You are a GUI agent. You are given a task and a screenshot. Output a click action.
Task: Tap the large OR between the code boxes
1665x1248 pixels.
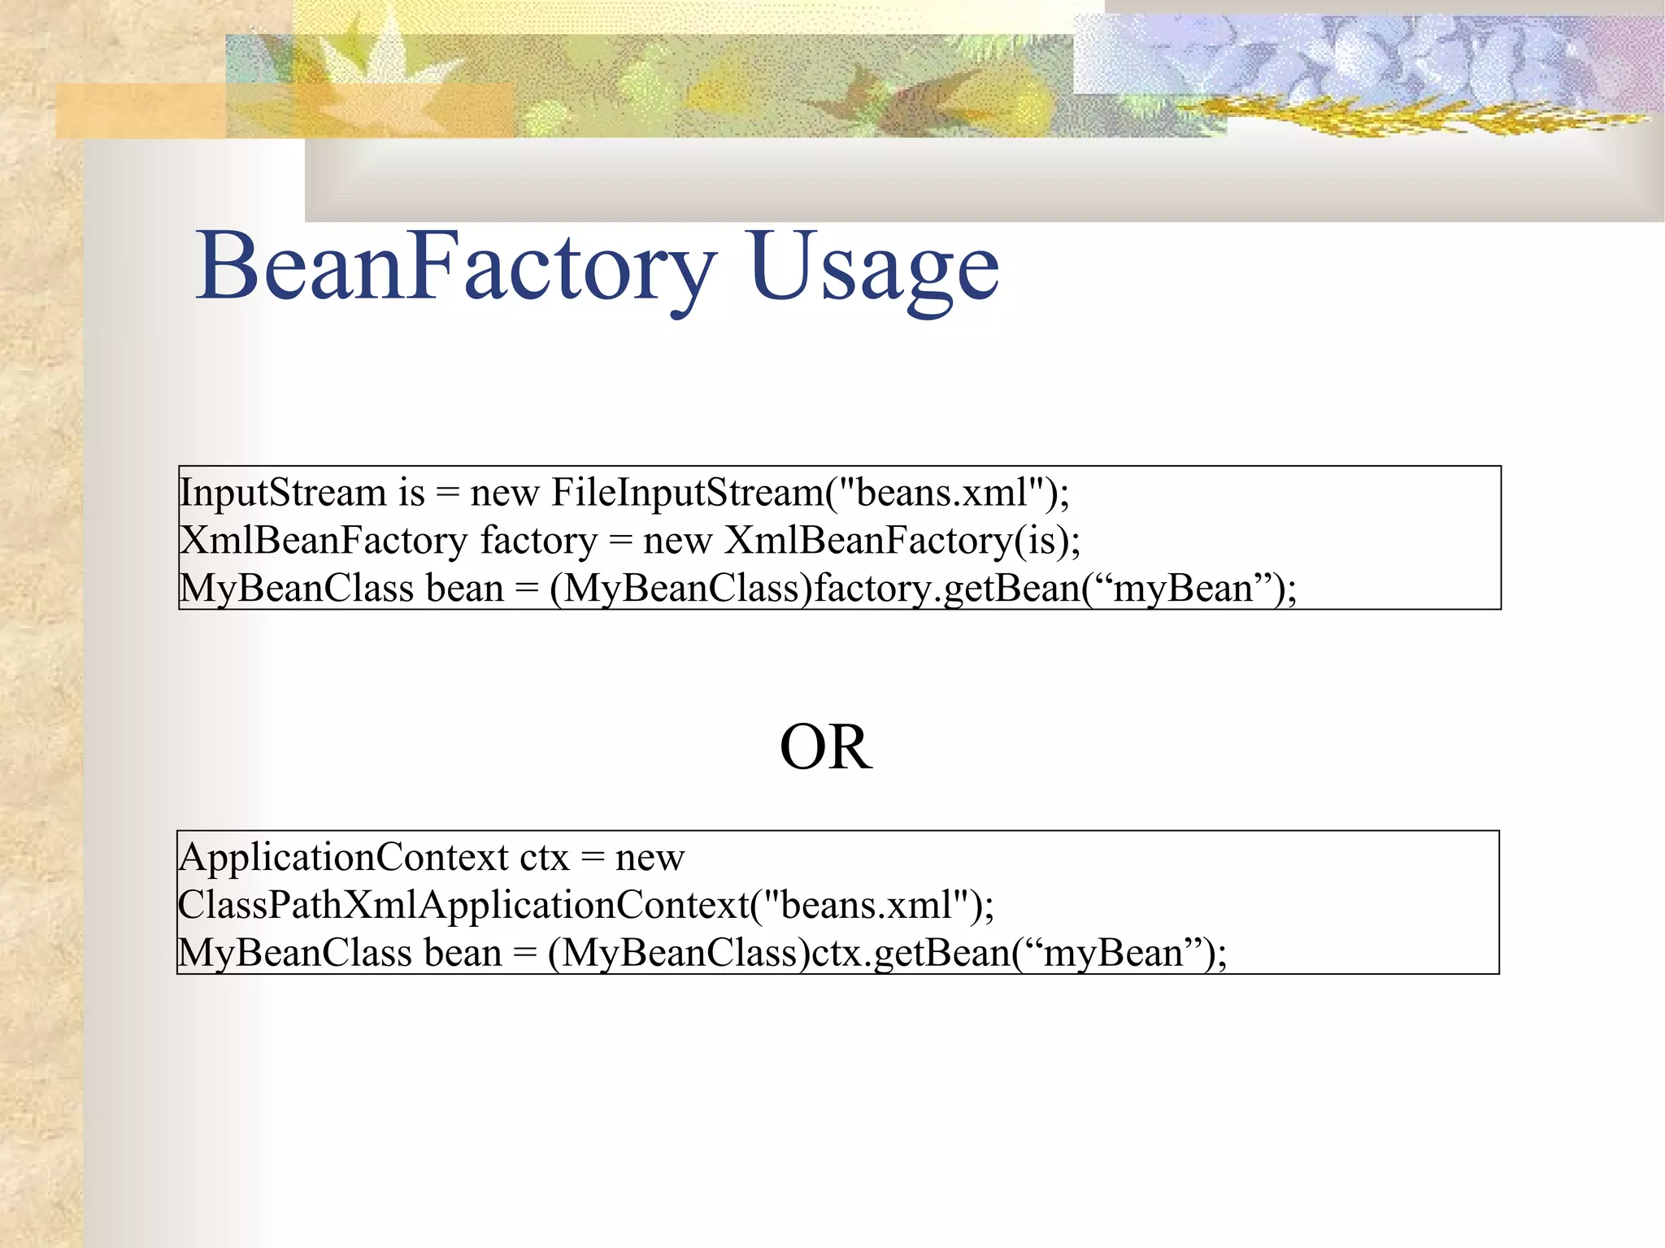click(826, 747)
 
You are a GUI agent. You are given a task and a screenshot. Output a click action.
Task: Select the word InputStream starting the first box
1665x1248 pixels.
click(283, 493)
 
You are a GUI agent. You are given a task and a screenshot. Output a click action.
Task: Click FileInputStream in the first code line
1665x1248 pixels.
click(688, 493)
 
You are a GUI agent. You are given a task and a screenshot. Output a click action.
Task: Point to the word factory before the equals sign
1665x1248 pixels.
click(539, 541)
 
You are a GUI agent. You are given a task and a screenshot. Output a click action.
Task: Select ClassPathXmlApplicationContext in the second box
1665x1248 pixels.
click(463, 905)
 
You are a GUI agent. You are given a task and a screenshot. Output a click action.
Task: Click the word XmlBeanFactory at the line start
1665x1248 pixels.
click(324, 541)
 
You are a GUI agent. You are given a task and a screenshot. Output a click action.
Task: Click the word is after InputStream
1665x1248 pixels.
click(411, 493)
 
